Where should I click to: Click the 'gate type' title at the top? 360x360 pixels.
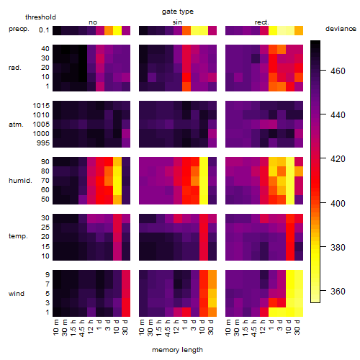[x=178, y=12]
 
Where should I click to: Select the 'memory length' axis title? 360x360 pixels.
[x=177, y=350]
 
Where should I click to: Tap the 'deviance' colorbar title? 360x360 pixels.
[x=341, y=29]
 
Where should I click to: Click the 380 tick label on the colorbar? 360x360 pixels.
[x=338, y=247]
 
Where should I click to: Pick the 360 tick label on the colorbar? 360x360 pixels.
[x=338, y=291]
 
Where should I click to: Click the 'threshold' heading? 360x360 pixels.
[x=40, y=17]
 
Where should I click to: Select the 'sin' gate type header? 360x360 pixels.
[x=177, y=22]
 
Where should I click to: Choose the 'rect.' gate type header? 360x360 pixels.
[x=262, y=22]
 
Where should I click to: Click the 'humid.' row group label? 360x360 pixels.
[x=20, y=181]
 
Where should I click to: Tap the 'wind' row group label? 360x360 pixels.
[x=17, y=294]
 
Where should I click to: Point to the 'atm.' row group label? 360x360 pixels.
[x=16, y=125]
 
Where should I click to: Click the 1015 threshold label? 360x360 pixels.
[x=41, y=106]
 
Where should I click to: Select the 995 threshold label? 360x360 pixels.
[x=43, y=143]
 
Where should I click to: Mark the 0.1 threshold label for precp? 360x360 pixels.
[x=44, y=30]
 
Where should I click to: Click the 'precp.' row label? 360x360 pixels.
[x=19, y=29]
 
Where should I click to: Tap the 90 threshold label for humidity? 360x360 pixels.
[x=45, y=162]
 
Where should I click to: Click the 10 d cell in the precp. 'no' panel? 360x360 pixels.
[x=117, y=30]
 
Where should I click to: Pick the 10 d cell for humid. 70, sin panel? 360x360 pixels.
[x=204, y=181]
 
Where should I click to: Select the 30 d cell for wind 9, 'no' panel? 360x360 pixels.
[x=126, y=274]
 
